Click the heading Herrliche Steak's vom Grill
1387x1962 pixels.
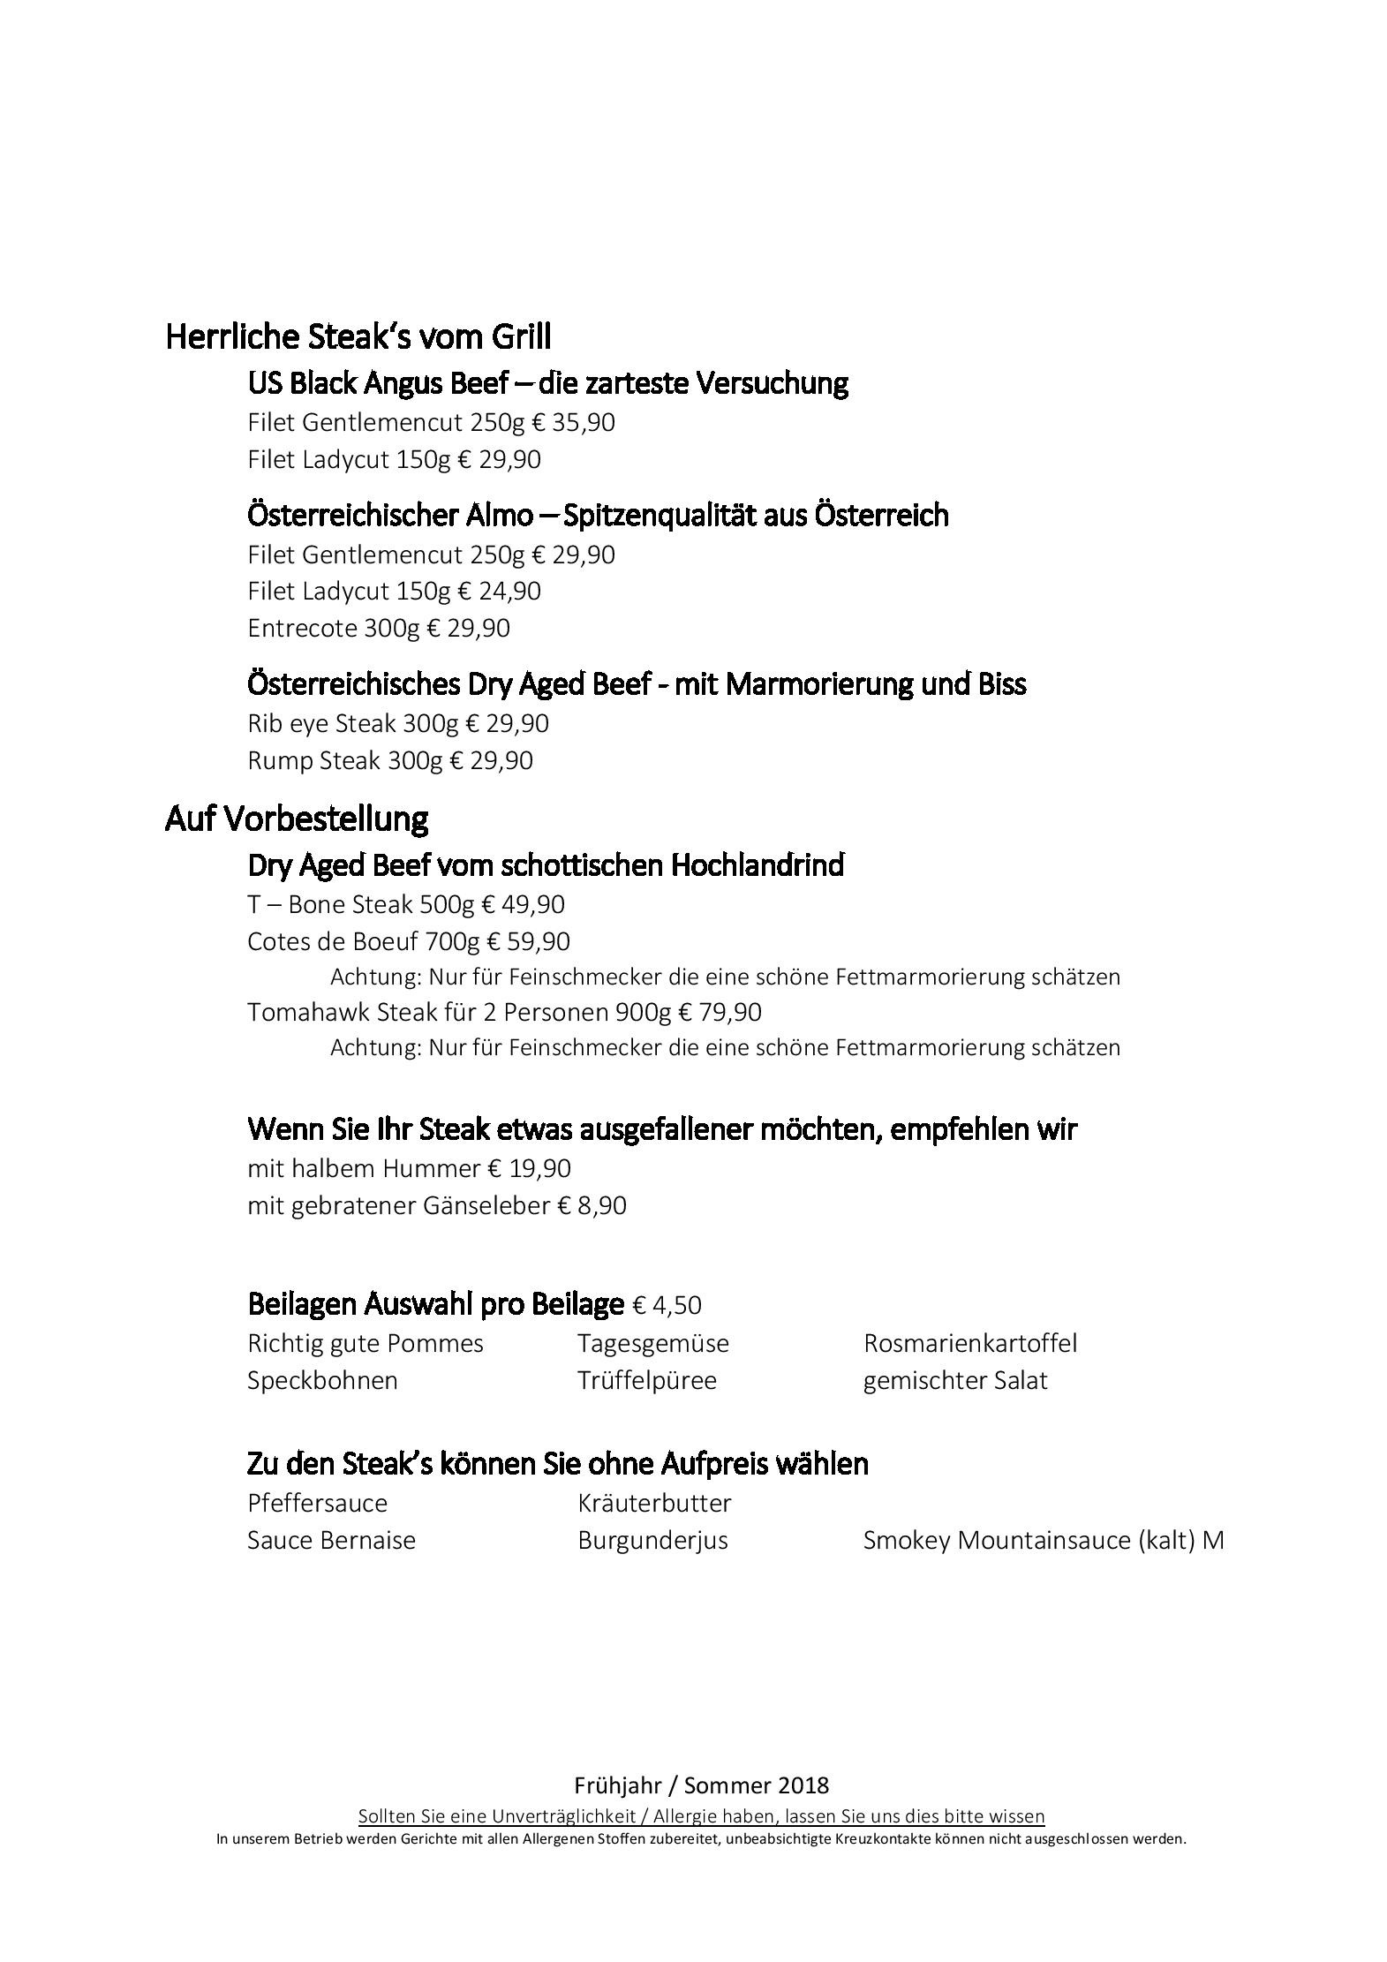(358, 336)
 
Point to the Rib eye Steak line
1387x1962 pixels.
(397, 724)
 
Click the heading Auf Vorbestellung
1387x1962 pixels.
(296, 819)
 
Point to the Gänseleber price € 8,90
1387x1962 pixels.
(592, 1206)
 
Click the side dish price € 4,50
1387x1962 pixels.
(667, 1305)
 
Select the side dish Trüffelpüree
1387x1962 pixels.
(646, 1381)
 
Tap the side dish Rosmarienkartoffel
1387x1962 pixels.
(969, 1344)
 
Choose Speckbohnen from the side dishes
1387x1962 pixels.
(322, 1381)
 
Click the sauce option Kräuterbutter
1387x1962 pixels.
(654, 1504)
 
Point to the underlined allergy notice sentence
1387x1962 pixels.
(701, 1816)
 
